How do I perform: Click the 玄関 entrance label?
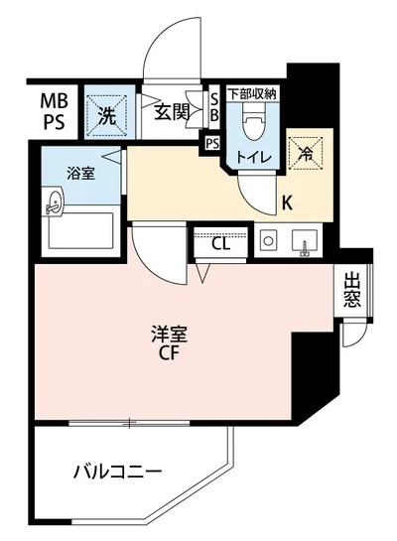point(171,112)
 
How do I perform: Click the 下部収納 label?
point(254,94)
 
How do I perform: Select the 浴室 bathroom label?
point(80,173)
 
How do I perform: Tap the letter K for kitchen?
point(288,204)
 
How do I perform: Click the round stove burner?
point(267,242)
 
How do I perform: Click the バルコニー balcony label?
point(116,471)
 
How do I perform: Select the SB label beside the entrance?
point(213,106)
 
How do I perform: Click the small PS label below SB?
point(212,144)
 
